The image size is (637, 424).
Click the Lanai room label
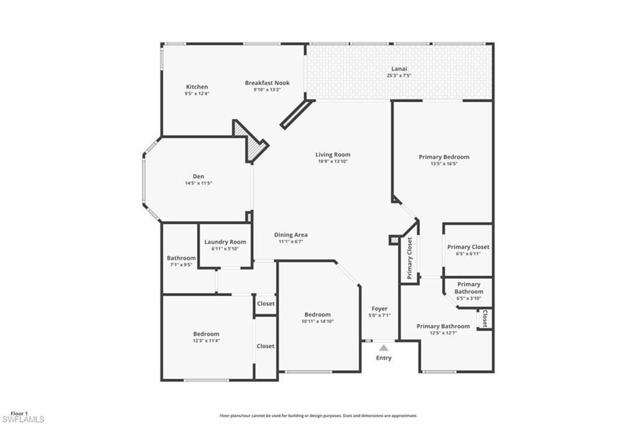click(399, 68)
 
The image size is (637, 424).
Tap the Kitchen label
click(197, 87)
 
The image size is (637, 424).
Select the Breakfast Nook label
click(267, 83)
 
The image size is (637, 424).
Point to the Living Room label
click(333, 154)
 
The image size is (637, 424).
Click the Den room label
click(198, 176)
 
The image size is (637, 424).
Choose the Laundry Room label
click(225, 242)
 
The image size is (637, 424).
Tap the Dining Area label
click(291, 235)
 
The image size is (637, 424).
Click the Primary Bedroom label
click(444, 157)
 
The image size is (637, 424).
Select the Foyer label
click(379, 308)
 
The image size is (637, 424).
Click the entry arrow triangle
click(384, 347)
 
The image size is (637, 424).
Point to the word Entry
click(384, 358)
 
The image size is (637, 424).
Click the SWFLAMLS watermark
click(22, 419)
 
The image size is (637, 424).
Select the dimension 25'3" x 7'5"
click(399, 75)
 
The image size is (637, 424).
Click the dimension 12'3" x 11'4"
click(206, 341)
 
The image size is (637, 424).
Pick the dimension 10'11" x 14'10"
click(317, 321)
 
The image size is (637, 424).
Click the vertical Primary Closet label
click(409, 258)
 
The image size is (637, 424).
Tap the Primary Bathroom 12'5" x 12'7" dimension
click(443, 332)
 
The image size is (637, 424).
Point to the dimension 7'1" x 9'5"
click(181, 265)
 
